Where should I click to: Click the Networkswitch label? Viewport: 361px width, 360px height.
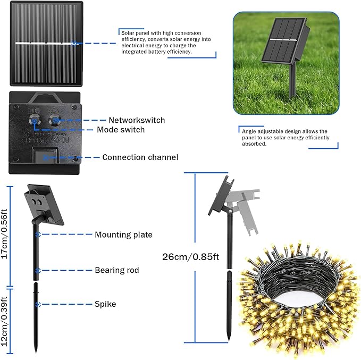point(137,120)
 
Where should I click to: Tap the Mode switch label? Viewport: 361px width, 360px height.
point(121,130)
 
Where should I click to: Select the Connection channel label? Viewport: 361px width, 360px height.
point(140,157)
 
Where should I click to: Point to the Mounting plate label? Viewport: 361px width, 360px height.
point(124,235)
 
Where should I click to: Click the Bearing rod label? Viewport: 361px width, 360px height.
point(117,270)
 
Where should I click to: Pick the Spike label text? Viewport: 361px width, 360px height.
point(105,304)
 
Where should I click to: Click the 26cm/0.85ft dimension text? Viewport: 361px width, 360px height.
point(191,257)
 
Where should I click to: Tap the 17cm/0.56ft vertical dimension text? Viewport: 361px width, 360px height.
point(4,234)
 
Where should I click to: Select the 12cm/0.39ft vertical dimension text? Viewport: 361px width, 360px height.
point(4,322)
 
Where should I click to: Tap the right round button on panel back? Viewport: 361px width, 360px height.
point(55,120)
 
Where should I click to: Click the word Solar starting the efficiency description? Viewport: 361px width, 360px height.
point(128,33)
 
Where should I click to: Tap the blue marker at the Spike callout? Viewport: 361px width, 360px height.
point(38,305)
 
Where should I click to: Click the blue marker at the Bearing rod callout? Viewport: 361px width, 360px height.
point(38,271)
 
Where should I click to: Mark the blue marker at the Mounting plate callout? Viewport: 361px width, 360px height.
point(38,235)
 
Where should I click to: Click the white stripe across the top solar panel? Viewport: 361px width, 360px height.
point(46,43)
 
